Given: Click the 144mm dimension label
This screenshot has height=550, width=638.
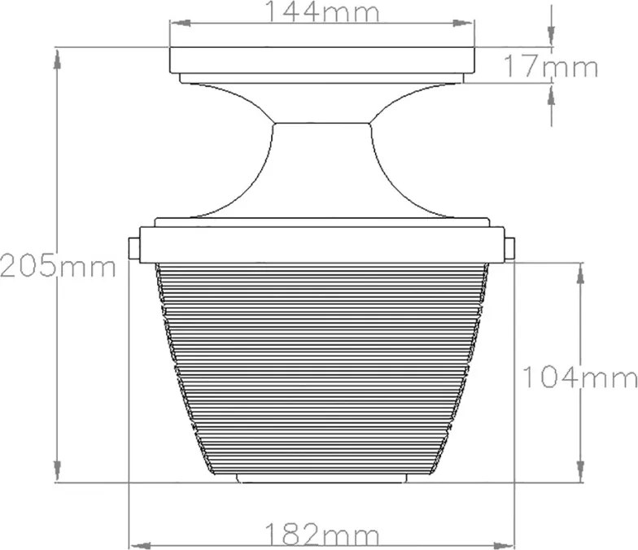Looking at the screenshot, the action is pos(322,11).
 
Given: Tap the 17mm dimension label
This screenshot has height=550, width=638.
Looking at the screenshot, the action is pos(551,67).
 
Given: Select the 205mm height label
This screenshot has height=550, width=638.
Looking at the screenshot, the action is pos(58,265).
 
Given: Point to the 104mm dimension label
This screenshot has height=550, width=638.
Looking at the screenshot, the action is pos(579,377).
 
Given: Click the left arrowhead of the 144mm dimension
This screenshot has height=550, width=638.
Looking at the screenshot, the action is pos(181,23).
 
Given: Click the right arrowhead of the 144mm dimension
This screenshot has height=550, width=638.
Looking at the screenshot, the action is pos(464,23).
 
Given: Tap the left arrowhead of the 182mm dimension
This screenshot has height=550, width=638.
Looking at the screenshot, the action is pos(140,545).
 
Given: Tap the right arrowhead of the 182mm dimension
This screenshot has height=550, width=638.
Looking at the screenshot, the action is pos(504,545).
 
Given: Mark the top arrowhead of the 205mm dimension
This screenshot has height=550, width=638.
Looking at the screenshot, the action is pos(58,59).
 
